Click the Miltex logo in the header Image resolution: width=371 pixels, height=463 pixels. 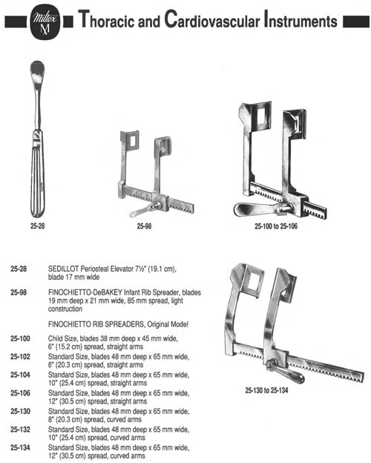pyautogui.click(x=45, y=22)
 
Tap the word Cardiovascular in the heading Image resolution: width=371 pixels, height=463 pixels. pyautogui.click(x=212, y=19)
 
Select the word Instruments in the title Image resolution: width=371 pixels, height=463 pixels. pyautogui.click(x=301, y=19)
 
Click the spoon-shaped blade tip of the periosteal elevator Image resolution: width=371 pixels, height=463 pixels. pyautogui.click(x=37, y=72)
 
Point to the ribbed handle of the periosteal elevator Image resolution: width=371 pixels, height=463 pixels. pyautogui.click(x=38, y=174)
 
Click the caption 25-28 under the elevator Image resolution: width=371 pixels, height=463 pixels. pyautogui.click(x=38, y=226)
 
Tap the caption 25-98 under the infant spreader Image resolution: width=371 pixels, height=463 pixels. pyautogui.click(x=144, y=226)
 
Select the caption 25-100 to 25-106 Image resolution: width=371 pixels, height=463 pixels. pyautogui.click(x=276, y=226)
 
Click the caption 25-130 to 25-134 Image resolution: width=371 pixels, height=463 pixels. pyautogui.click(x=266, y=390)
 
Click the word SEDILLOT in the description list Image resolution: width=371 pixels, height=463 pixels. pyautogui.click(x=64, y=269)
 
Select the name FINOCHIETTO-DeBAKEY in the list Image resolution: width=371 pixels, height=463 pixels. pyautogui.click(x=85, y=292)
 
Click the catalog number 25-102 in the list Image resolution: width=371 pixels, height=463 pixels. pyautogui.click(x=20, y=357)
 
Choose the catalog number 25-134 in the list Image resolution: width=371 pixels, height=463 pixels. pyautogui.click(x=20, y=447)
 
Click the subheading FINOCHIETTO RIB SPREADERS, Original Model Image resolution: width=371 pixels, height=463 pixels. pyautogui.click(x=118, y=324)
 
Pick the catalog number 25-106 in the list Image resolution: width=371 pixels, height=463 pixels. pyautogui.click(x=20, y=393)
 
